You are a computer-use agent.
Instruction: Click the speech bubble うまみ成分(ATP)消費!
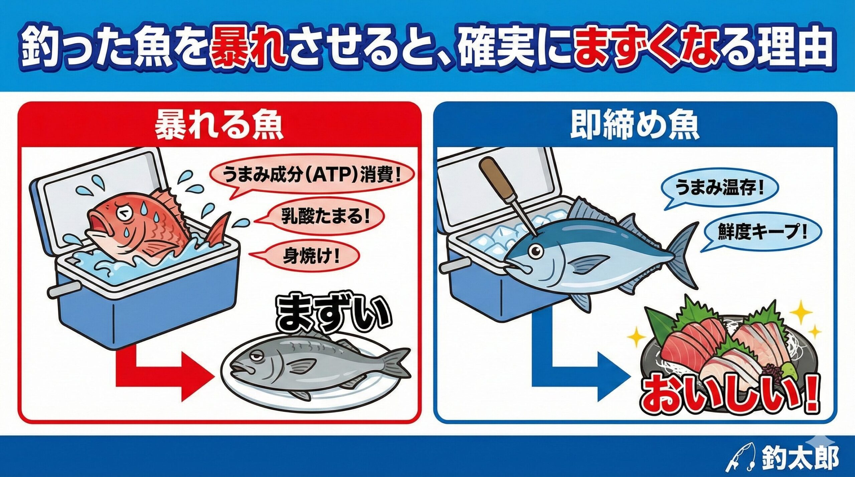(311, 176)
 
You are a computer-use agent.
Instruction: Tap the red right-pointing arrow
(160, 371)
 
